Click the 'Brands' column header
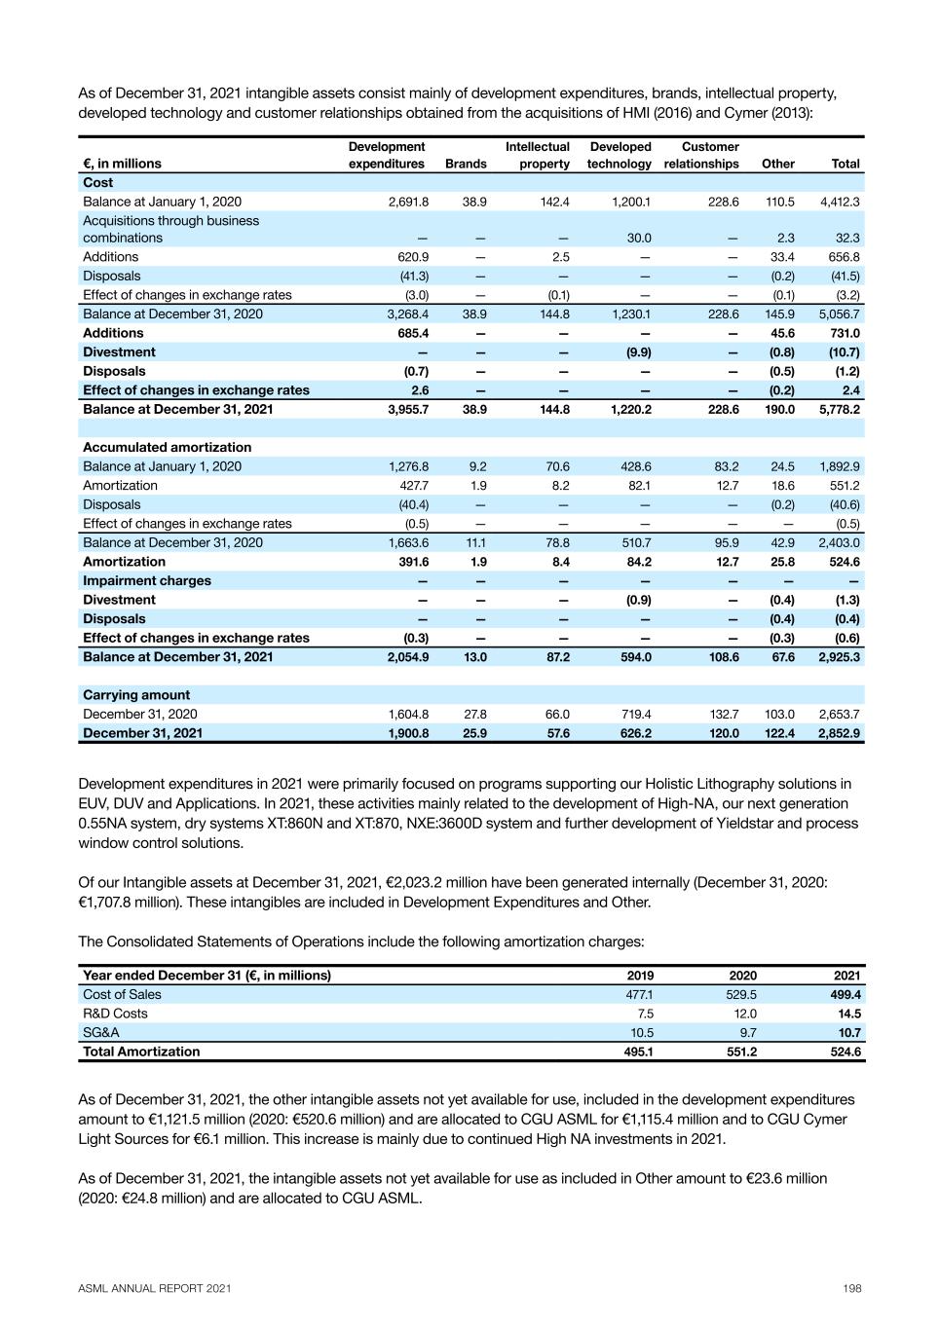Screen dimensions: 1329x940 [x=466, y=164]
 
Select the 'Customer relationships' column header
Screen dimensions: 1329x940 [x=701, y=156]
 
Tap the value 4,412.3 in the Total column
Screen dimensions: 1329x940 [x=840, y=202]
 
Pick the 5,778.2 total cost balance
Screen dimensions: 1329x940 [x=840, y=409]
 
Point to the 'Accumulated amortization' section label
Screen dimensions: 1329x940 [x=167, y=447]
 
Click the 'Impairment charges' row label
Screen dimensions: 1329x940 [x=146, y=580]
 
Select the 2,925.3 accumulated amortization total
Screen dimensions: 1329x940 [x=840, y=657]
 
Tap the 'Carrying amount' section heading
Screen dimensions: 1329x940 [x=136, y=695]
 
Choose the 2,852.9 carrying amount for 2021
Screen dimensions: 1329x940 [x=840, y=733]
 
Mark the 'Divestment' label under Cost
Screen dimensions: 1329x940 [x=119, y=351]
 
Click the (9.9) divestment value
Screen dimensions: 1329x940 [x=639, y=351]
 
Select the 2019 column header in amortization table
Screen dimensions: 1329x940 [x=640, y=975]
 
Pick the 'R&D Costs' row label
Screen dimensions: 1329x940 [x=115, y=1014]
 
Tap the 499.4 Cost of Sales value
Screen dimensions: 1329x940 [x=843, y=994]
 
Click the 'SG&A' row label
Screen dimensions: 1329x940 [x=101, y=1032]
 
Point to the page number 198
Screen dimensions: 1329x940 [x=852, y=1288]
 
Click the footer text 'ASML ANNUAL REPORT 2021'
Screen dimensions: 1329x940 [x=155, y=1288]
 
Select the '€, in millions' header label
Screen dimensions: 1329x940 [x=122, y=164]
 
